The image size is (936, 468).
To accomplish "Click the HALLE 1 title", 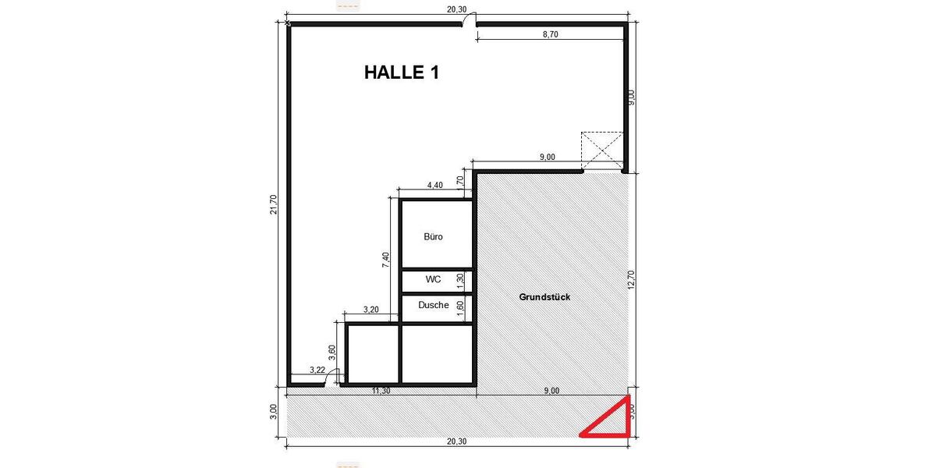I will [402, 73].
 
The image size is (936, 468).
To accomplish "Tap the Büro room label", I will [433, 236].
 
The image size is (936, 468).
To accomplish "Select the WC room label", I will [433, 278].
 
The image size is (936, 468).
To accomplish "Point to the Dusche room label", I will [433, 305].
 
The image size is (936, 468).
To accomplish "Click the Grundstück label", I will [545, 297].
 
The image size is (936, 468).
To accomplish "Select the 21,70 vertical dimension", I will [273, 204].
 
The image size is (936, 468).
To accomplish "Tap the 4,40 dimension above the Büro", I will [434, 185].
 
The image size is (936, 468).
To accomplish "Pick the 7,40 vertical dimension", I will [385, 260].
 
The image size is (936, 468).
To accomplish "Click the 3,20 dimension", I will [370, 310].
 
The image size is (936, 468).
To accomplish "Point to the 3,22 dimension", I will [317, 370].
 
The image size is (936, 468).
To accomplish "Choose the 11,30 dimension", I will [381, 391].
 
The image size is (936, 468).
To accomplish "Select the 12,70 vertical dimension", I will [631, 278].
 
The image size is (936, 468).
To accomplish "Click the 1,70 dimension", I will [460, 182].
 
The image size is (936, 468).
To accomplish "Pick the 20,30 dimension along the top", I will [456, 9].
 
